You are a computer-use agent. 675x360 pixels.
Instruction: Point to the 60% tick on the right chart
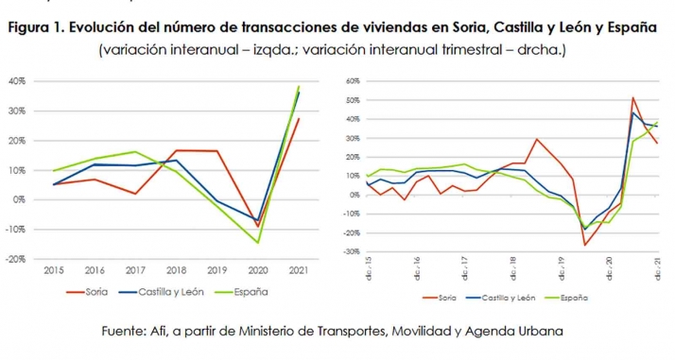pyautogui.click(x=355, y=82)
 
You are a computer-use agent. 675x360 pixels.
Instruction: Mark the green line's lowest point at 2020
pyautogui.click(x=258, y=243)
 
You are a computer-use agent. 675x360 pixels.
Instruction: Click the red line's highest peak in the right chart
pyautogui.click(x=632, y=97)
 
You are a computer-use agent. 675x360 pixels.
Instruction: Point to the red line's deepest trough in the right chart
pyautogui.click(x=584, y=246)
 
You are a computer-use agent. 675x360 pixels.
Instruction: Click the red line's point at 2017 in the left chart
pyautogui.click(x=135, y=194)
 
